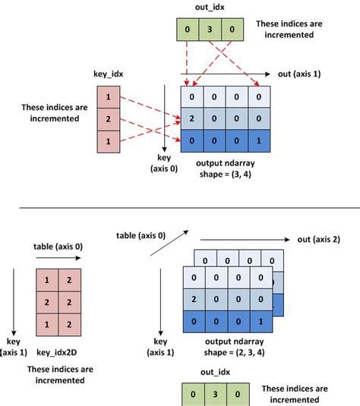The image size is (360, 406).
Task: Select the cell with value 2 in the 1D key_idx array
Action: click(109, 119)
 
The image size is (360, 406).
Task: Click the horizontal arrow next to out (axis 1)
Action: click(228, 74)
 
